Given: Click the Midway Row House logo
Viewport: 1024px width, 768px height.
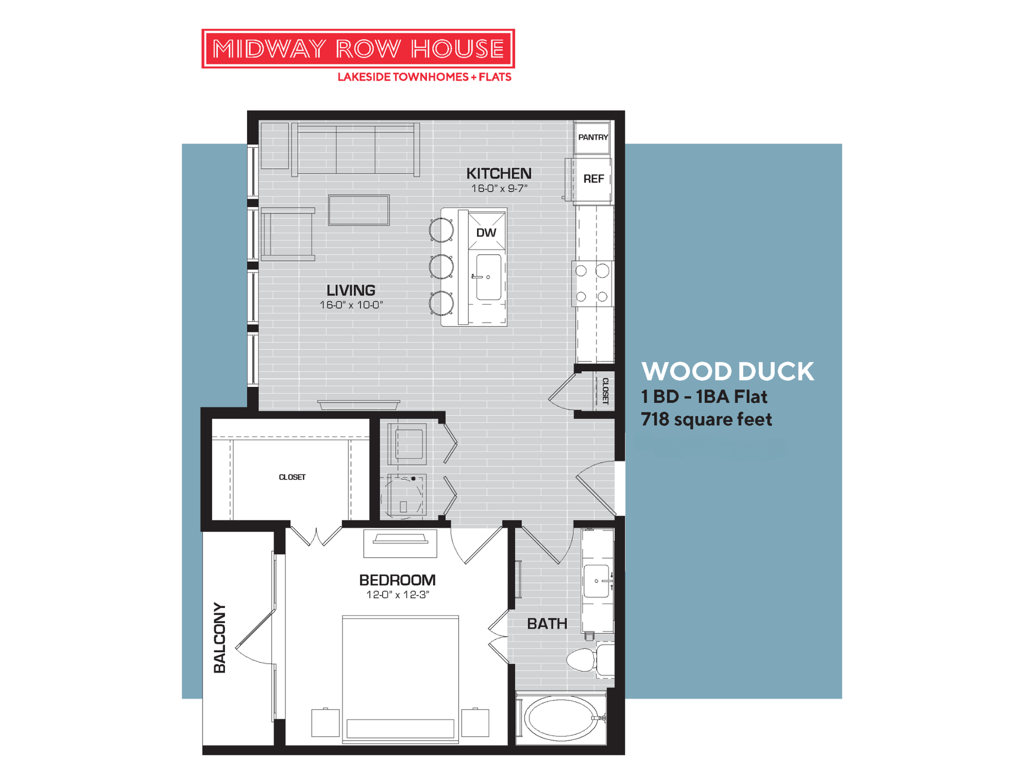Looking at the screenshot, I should click(x=358, y=48).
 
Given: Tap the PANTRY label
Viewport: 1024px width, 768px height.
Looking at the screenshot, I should click(x=592, y=137).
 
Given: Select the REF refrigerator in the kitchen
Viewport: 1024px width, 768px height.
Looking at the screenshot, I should click(x=593, y=179).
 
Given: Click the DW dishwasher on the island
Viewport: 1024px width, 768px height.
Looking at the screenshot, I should click(x=486, y=232).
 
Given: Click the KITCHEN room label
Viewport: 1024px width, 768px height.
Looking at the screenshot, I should click(x=498, y=173).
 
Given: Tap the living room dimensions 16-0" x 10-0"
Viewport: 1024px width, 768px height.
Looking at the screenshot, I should click(x=351, y=305).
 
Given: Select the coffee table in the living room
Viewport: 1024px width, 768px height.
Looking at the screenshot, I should click(x=358, y=210).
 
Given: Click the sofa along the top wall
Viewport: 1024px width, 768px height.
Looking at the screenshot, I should click(x=355, y=149).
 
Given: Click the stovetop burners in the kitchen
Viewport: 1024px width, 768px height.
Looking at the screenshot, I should click(x=592, y=283).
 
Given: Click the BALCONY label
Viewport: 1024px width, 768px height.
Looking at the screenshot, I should click(x=219, y=637).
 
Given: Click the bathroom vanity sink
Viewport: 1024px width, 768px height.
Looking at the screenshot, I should click(x=596, y=581).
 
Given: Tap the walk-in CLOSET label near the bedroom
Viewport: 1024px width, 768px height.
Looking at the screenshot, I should click(x=292, y=477).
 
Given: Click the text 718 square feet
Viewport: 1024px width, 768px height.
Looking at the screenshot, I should click(x=706, y=419).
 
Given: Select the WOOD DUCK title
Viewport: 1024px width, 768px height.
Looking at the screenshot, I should click(x=727, y=371).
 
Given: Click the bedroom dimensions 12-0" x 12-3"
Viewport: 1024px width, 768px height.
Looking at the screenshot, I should click(x=397, y=595).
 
